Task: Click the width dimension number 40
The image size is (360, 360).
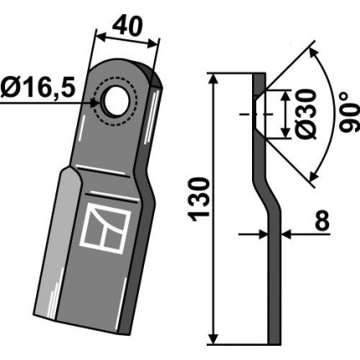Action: point(127,27)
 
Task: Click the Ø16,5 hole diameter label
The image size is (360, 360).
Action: point(38,89)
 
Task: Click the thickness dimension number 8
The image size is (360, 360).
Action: point(323,220)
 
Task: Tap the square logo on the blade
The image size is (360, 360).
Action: point(105,228)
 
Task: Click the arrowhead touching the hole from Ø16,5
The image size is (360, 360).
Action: point(95,103)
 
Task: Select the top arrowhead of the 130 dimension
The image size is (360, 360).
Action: point(213,79)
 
